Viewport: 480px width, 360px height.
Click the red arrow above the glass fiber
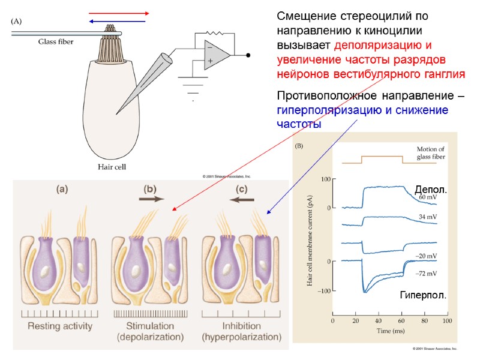coord(118,13)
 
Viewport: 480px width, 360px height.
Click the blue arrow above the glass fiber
coord(117,21)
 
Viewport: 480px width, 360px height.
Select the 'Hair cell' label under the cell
coord(112,167)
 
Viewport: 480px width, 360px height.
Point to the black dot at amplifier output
coord(248,55)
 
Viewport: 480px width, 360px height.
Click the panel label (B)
coord(299,146)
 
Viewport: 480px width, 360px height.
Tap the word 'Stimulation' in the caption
coord(149,326)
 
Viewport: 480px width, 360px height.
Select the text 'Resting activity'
coord(59,326)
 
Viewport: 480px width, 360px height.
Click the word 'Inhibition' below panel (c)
coord(241,326)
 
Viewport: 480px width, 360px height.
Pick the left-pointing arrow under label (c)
coord(242,199)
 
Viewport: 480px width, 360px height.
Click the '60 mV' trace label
coord(428,197)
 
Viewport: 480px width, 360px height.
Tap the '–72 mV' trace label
coord(426,273)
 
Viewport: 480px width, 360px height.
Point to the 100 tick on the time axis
coord(446,321)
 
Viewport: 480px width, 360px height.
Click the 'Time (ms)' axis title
coord(390,331)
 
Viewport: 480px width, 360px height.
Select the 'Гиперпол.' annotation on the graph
coord(423,296)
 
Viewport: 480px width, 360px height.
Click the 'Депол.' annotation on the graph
coord(431,190)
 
